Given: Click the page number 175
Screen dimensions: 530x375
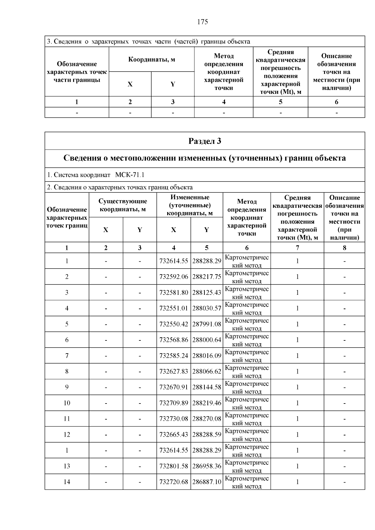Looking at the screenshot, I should [202, 22].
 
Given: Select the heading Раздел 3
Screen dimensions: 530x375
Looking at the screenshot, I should [205, 141].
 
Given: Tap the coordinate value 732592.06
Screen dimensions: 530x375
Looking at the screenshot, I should [173, 277].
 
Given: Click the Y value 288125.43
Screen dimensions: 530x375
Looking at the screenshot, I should [207, 293].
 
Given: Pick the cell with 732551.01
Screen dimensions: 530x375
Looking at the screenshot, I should [173, 308].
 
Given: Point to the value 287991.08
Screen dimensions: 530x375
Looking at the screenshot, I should [207, 324].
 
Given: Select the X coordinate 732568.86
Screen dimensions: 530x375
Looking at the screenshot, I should [173, 340].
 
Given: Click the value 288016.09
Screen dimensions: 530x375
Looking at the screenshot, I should [207, 356].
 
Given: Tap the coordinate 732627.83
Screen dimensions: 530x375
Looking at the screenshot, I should [173, 371].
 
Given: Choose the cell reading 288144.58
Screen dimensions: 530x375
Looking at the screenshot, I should [207, 387].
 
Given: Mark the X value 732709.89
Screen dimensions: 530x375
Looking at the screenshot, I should [173, 403].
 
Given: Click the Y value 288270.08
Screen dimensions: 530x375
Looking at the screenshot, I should [207, 419].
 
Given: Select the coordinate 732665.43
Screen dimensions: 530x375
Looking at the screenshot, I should [173, 434].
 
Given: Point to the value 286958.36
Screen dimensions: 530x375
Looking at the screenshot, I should [207, 466].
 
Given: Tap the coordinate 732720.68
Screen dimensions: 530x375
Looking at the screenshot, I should [173, 482].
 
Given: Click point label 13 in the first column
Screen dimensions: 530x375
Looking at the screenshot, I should [67, 466].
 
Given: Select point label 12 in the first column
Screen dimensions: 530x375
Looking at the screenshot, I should [67, 434].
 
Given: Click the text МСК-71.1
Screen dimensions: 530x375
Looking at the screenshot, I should [130, 175].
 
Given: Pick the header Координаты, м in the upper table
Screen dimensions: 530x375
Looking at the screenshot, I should [152, 59].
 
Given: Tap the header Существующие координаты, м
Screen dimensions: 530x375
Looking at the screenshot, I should [122, 205].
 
